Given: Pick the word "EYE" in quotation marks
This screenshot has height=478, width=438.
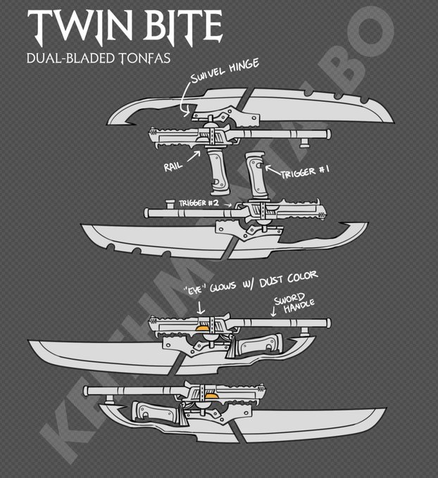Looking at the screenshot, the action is pyautogui.click(x=199, y=288).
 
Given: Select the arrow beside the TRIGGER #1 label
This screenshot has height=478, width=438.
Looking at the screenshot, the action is pyautogui.click(x=272, y=169).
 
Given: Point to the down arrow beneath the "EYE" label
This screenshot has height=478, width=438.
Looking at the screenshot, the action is pyautogui.click(x=201, y=306).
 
